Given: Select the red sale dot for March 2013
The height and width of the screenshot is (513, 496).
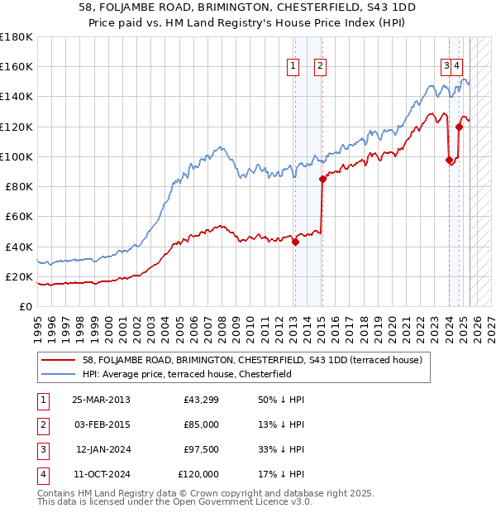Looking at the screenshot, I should (295, 242).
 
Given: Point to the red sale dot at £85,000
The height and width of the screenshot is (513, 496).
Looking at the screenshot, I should (322, 179).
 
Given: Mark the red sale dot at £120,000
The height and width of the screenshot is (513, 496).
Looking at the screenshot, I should (459, 127).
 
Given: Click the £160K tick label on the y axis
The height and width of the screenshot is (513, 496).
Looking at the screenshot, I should (17, 66).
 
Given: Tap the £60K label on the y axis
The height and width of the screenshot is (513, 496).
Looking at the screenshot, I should (19, 216).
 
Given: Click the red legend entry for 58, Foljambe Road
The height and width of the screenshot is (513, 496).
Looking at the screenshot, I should (252, 360).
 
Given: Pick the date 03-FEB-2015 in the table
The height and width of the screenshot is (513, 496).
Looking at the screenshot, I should (101, 424).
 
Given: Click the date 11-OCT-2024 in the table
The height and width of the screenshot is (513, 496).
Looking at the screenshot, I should (101, 474).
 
